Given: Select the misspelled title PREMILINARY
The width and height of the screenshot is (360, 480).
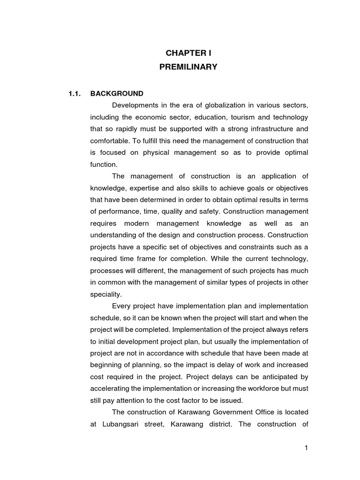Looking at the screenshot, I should point(188,67).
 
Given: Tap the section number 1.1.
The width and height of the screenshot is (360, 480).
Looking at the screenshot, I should point(75,93).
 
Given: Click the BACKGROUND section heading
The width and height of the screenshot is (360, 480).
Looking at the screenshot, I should point(117,93).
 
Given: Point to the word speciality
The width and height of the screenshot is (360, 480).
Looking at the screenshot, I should point(105,295).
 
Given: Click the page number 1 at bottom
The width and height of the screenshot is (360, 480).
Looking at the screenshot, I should point(306,448).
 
